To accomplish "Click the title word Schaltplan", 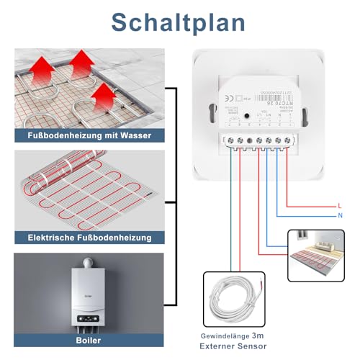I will coord(180,22).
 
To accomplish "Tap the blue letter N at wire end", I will coord(339,216).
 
